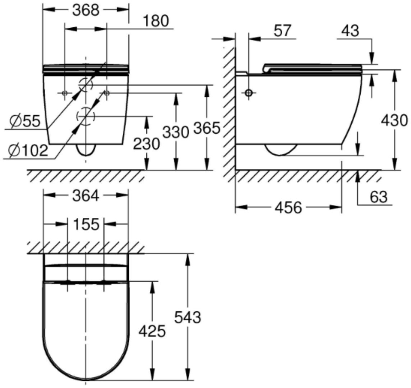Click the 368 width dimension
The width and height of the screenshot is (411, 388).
coord(86,10)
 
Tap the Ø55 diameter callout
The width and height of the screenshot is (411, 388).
coord(25,121)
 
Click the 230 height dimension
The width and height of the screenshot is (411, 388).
coord(147,144)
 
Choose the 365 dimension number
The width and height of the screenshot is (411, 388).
coord(207,129)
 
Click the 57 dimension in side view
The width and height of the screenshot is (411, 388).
coord(282,31)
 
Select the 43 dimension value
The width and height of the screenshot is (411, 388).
coord(350,31)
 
